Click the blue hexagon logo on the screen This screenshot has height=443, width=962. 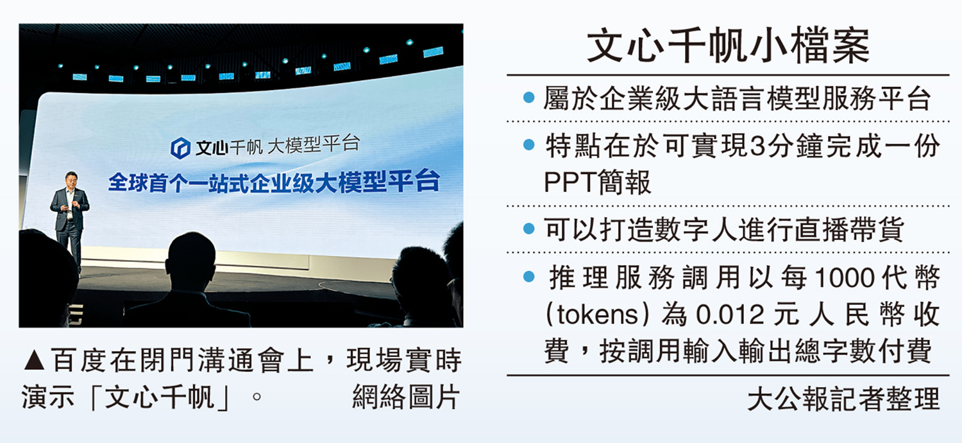click(x=179, y=148)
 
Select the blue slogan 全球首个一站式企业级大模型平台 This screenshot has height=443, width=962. click(x=273, y=182)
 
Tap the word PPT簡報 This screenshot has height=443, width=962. click(x=597, y=183)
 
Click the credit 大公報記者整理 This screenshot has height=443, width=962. click(x=843, y=399)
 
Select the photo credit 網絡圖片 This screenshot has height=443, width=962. click(x=406, y=398)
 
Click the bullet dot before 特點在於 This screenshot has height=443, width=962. click(x=528, y=145)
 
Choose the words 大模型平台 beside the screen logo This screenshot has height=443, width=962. click(x=314, y=146)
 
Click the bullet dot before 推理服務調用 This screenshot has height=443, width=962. click(x=528, y=277)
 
